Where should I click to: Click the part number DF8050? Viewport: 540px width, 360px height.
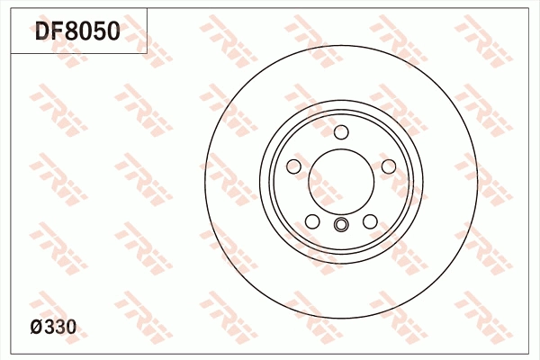[76, 32]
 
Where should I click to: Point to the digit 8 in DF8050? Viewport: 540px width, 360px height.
[76, 32]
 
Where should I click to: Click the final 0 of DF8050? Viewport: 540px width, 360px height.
[112, 32]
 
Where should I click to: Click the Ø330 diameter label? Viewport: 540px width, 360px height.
[52, 328]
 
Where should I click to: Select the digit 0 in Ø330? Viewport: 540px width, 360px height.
[70, 328]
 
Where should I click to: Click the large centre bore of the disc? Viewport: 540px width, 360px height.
[340, 179]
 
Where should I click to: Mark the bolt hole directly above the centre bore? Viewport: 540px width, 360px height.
[340, 133]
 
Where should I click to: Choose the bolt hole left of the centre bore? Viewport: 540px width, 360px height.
[293, 166]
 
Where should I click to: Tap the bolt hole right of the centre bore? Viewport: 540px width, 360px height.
[388, 166]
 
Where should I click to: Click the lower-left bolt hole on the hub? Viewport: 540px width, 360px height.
[311, 221]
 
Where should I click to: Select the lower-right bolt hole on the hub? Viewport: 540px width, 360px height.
[370, 221]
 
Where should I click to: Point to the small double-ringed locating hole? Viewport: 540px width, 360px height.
[340, 225]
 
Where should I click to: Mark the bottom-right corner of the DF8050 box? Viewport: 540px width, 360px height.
[148, 52]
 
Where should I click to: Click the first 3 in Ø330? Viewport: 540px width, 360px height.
[49, 328]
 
